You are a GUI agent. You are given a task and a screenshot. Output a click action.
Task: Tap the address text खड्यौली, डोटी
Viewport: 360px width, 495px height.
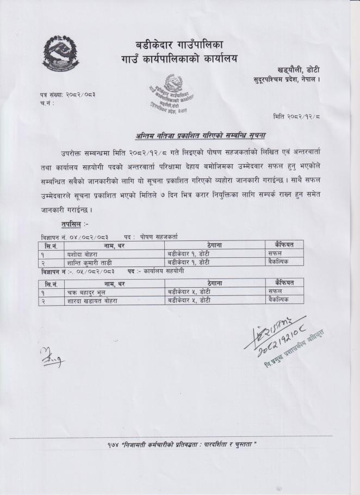pyautogui.click(x=298, y=70)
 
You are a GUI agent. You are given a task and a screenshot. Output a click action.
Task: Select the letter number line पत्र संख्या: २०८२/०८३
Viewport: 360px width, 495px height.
pyautogui.click(x=64, y=95)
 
